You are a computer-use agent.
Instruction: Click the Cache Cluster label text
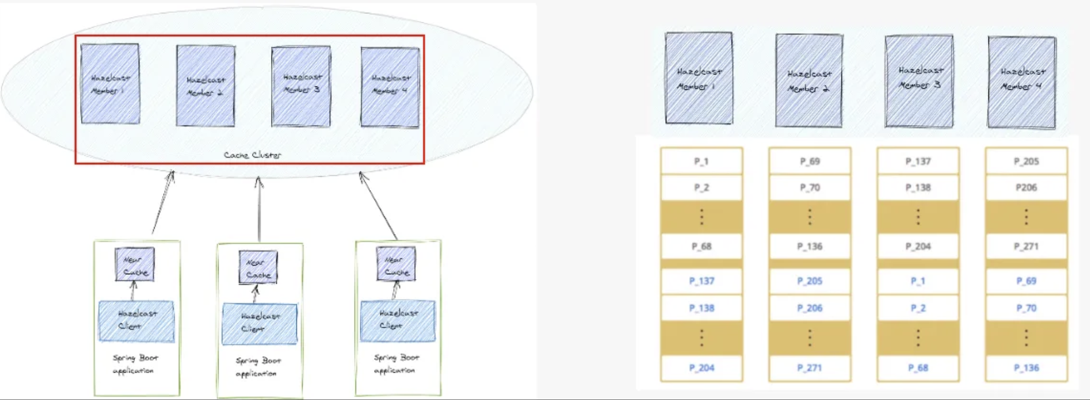(x=252, y=155)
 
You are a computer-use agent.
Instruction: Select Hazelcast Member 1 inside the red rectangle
(x=110, y=84)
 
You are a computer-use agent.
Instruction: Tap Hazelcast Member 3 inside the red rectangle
(x=301, y=86)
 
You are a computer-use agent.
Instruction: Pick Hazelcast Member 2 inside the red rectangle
(x=206, y=86)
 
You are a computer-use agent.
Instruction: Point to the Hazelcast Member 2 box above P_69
(x=809, y=80)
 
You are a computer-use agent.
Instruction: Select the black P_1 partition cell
(x=701, y=161)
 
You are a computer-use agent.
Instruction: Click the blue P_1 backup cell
(x=918, y=281)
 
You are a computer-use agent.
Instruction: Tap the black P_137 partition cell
(x=918, y=161)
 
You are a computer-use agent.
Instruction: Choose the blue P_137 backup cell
(x=701, y=281)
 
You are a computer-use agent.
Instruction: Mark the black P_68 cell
(x=701, y=246)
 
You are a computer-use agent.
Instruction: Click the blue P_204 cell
(x=701, y=368)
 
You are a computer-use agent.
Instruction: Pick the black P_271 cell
(x=1026, y=246)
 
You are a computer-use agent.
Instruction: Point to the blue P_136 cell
(x=1026, y=368)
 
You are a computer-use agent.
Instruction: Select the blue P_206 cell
(x=809, y=308)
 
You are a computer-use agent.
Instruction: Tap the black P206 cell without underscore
(x=1026, y=188)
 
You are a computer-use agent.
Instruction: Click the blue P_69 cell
(x=1026, y=281)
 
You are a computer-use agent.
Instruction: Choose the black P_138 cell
(x=918, y=188)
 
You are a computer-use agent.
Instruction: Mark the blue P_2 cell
(x=918, y=308)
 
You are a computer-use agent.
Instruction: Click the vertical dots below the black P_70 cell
(x=809, y=217)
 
